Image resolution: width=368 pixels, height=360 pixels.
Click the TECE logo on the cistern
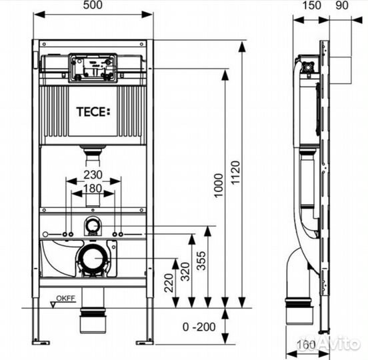93,111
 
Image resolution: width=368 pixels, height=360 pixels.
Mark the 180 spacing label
93,189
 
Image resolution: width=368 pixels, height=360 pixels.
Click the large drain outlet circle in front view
93,258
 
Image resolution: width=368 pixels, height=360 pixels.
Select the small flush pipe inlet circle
93,227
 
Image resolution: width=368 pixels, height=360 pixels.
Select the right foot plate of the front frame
145,343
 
